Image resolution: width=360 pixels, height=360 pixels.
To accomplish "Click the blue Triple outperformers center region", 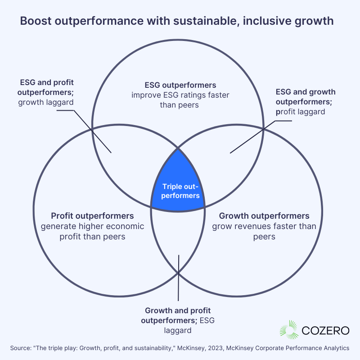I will [x=178, y=184].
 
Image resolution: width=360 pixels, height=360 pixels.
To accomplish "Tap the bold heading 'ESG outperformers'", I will [x=180, y=85].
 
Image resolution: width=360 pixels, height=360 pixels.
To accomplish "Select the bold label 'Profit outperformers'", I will [x=92, y=216].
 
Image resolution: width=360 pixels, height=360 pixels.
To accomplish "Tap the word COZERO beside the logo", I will [x=325, y=330].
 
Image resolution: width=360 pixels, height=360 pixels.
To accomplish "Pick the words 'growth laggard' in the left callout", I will [x=47, y=102].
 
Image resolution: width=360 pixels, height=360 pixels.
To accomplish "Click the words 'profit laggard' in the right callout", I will [x=300, y=112].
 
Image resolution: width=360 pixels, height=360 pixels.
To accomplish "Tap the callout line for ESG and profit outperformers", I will [x=90, y=128].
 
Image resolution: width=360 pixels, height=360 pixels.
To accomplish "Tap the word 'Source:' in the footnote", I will [x=21, y=348].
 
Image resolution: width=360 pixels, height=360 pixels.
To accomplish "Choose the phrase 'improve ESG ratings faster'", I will [x=180, y=95].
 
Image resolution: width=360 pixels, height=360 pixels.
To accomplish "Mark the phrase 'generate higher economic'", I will [x=92, y=226].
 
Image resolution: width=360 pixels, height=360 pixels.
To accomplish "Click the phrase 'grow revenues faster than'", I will [x=264, y=226].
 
